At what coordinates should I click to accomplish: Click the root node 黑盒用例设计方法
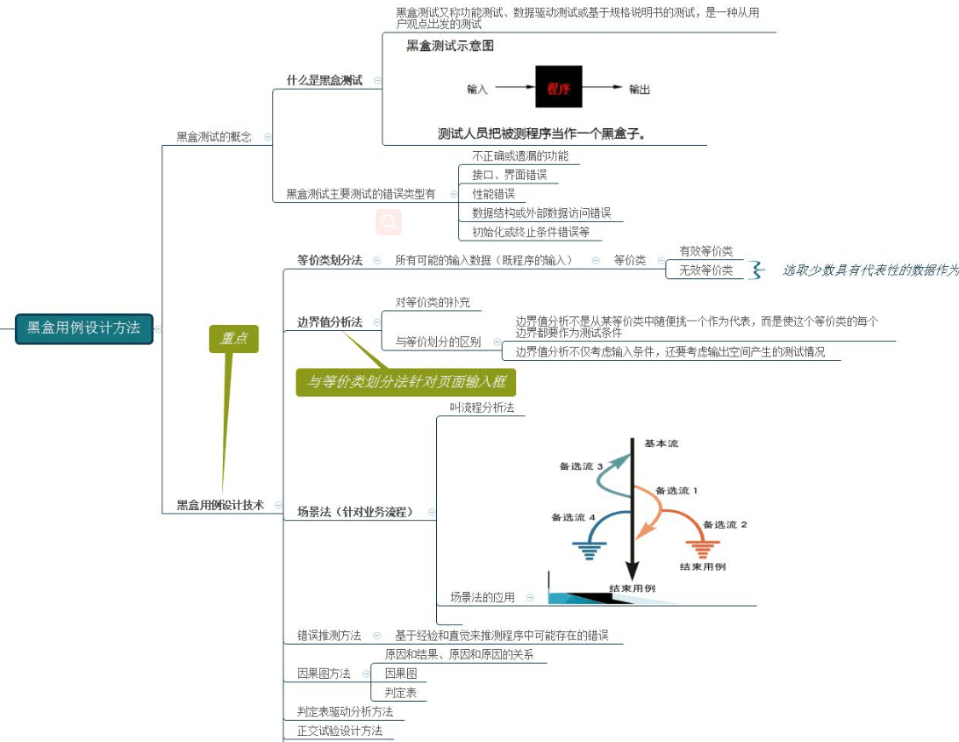83,328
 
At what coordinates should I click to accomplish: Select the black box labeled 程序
558,88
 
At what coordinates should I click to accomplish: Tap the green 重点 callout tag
233,339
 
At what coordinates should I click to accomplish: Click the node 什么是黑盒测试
324,80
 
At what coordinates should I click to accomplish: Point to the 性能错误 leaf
493,193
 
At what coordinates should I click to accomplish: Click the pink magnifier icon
389,222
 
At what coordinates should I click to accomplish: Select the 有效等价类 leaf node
705,251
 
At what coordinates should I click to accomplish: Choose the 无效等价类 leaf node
705,270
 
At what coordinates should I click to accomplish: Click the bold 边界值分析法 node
329,322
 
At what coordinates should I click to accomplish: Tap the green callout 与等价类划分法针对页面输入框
405,382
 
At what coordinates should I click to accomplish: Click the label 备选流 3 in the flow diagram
581,466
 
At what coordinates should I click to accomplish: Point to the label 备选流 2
725,524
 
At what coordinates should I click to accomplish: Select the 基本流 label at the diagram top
661,443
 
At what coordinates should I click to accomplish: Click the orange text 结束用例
703,566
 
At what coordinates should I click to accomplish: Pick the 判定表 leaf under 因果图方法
400,693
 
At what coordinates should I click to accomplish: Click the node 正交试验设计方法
339,731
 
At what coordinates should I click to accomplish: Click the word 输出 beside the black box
640,89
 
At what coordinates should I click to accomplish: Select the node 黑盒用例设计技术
219,505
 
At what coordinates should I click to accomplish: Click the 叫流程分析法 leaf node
482,407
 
